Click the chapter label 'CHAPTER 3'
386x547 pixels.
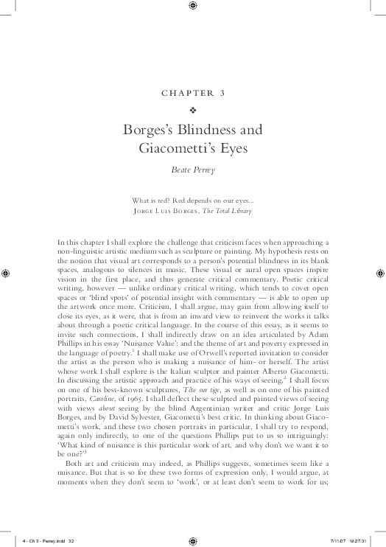[x=192, y=94]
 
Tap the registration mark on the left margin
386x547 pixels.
[x=6, y=273]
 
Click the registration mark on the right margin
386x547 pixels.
[x=379, y=273]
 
